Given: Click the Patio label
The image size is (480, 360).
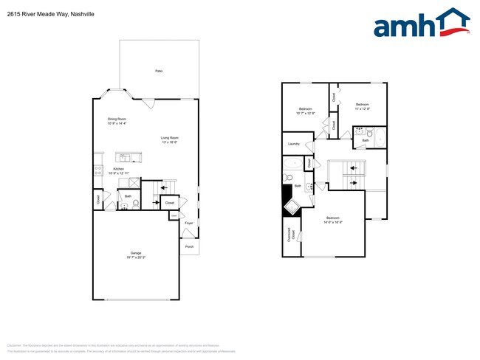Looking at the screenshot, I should pos(159,70).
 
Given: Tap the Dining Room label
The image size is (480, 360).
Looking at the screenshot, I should pos(117,120).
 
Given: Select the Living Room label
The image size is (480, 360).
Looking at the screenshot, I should pos(171,139).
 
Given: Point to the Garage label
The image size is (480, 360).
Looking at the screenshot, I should pos(136,255).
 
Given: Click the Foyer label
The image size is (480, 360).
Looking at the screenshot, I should pos(188,222).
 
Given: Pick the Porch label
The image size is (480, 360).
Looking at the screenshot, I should pos(189,247).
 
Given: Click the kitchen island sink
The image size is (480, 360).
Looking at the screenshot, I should pos(123,157).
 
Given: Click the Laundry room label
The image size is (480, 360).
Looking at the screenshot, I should pos(293,143).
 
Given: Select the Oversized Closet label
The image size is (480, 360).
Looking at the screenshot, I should pos(289,235).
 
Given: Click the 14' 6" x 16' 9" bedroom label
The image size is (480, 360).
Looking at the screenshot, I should pos(334,219).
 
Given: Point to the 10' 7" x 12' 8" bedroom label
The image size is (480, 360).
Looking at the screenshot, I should pos(305,111).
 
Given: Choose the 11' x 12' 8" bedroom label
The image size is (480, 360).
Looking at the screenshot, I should pos(363,106).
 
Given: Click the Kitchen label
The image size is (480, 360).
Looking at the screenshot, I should pos(118,170).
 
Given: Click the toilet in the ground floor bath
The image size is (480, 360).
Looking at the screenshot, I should pos(124,206).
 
